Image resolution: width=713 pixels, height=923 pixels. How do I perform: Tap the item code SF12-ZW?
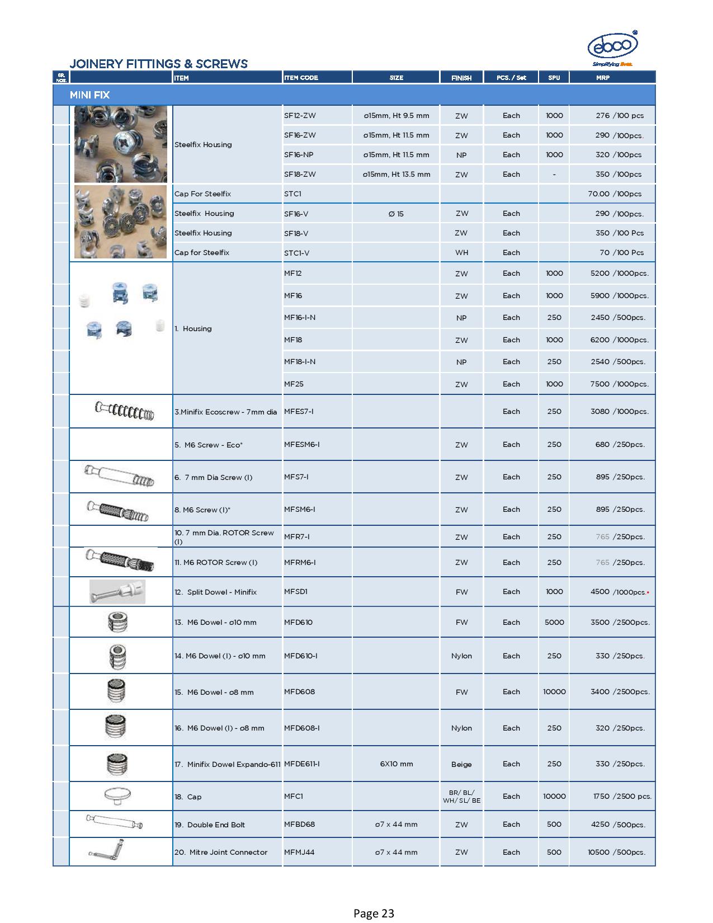[300, 116]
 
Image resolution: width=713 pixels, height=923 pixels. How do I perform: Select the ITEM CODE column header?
[301, 78]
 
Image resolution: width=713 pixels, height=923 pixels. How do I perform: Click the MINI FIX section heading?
[89, 95]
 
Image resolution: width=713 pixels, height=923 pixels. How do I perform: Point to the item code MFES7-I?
[299, 412]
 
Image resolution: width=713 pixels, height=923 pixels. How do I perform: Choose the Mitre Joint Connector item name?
[221, 853]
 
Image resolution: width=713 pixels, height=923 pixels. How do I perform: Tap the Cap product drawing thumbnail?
[117, 795]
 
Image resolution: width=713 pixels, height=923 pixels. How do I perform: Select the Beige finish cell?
[461, 765]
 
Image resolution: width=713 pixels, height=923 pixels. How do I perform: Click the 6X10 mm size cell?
[396, 764]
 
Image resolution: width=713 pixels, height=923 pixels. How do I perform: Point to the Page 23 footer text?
[374, 914]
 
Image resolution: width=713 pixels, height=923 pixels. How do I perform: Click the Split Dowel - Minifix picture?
[117, 592]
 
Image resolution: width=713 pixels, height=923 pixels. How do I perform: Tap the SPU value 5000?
[554, 623]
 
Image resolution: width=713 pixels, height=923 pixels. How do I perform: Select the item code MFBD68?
[299, 825]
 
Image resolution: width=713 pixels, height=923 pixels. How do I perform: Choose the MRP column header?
[602, 78]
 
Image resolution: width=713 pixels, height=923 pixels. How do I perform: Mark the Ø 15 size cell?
[396, 214]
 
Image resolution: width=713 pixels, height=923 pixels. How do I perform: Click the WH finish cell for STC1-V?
[461, 253]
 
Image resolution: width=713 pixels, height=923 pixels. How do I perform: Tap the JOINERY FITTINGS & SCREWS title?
[158, 64]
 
